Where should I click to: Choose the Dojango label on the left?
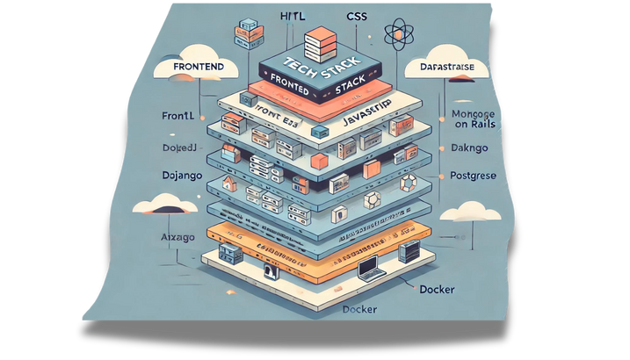click(x=185, y=176)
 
